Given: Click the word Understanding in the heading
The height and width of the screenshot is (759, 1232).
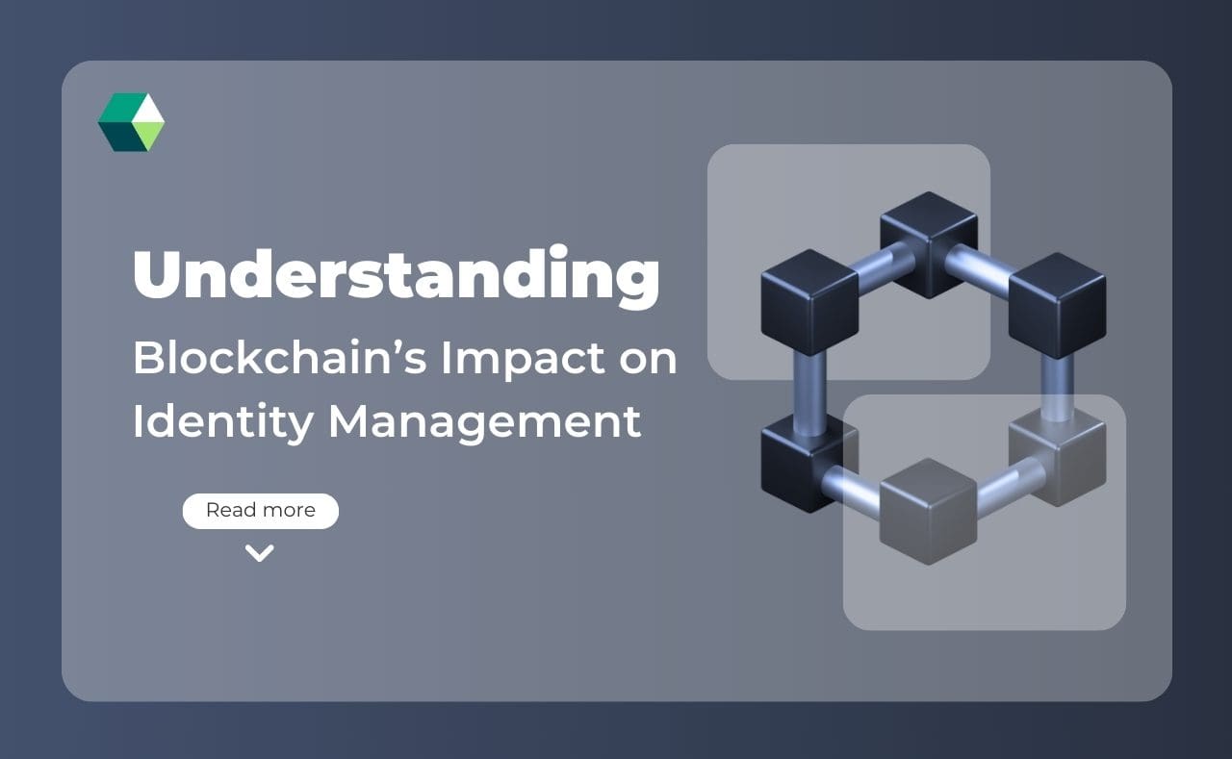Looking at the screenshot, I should (x=396, y=276).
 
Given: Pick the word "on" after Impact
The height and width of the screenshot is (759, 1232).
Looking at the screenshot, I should (x=647, y=359).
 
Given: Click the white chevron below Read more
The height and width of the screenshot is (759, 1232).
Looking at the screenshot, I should (x=260, y=552).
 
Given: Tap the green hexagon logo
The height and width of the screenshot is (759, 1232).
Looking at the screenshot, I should (x=131, y=122).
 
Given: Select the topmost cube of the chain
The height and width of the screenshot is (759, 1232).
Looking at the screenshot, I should (x=928, y=241).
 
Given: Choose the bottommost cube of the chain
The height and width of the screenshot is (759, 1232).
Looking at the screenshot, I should (x=928, y=509).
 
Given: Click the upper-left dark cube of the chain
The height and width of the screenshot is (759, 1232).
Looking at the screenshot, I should (x=809, y=301).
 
